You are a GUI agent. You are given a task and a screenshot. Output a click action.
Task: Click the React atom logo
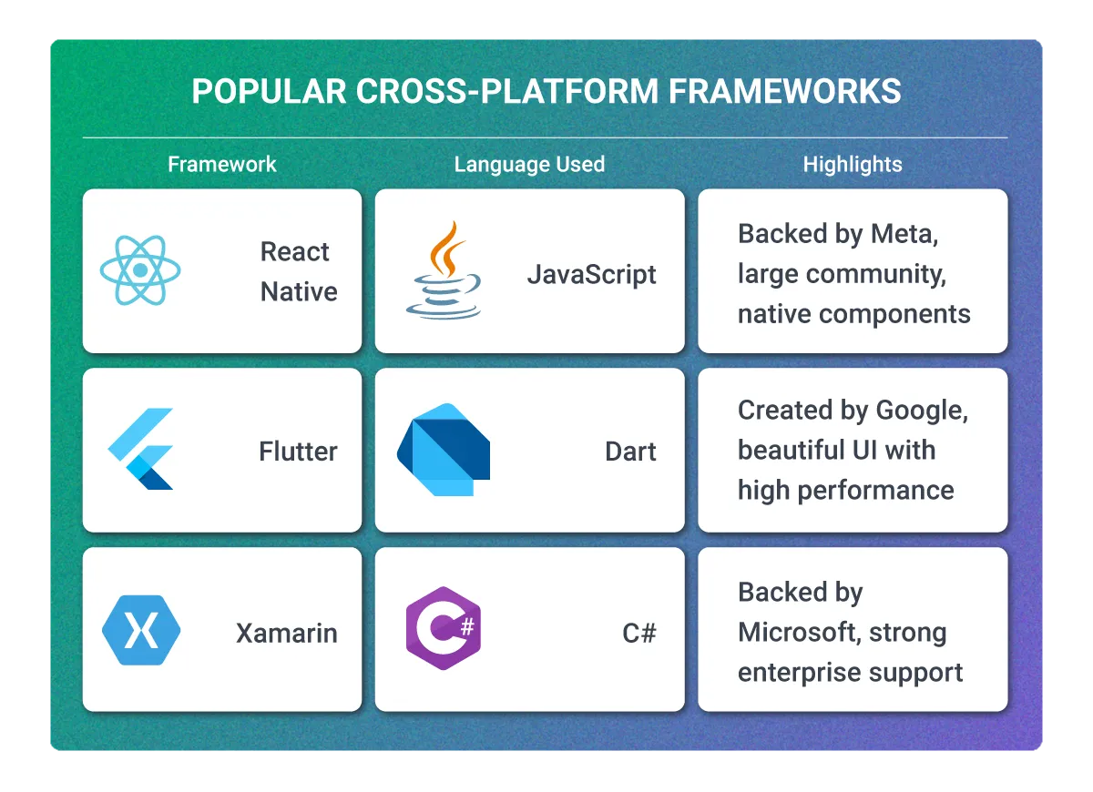click(140, 270)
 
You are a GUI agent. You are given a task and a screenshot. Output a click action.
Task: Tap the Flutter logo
click(141, 449)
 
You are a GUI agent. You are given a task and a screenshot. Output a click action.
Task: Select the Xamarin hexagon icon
click(141, 630)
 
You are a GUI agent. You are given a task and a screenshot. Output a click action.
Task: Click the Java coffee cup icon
click(443, 270)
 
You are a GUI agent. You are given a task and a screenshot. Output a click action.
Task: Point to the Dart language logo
click(443, 450)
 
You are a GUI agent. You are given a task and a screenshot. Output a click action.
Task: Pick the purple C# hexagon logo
click(443, 630)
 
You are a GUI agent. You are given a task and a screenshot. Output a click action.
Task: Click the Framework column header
click(222, 165)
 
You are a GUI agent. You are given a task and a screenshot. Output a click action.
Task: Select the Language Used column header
click(529, 165)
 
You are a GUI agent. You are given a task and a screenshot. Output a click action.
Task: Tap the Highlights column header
click(853, 165)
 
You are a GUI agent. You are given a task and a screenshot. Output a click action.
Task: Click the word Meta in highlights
click(902, 234)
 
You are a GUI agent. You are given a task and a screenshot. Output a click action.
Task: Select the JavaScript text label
click(592, 275)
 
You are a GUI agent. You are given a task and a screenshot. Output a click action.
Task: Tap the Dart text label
click(630, 452)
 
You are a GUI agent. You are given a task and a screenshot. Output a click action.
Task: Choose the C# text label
click(639, 633)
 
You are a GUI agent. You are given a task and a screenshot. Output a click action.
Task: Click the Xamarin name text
click(286, 633)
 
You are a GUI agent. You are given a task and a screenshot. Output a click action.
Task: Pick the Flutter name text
click(298, 452)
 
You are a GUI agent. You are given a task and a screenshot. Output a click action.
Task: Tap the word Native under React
click(299, 292)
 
